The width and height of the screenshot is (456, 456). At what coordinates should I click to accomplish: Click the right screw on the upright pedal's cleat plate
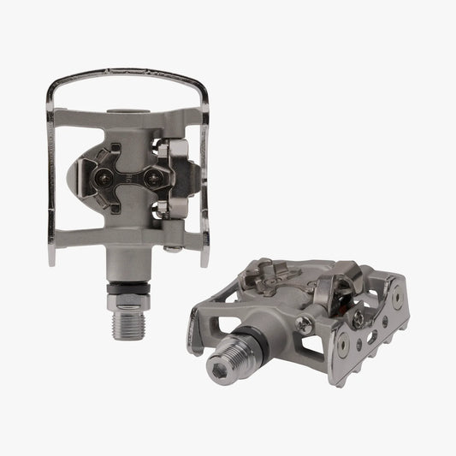click(x=156, y=178)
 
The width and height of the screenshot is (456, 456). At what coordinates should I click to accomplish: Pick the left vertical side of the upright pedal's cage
click(x=54, y=171)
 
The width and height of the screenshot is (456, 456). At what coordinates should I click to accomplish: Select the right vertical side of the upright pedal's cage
click(x=205, y=171)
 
